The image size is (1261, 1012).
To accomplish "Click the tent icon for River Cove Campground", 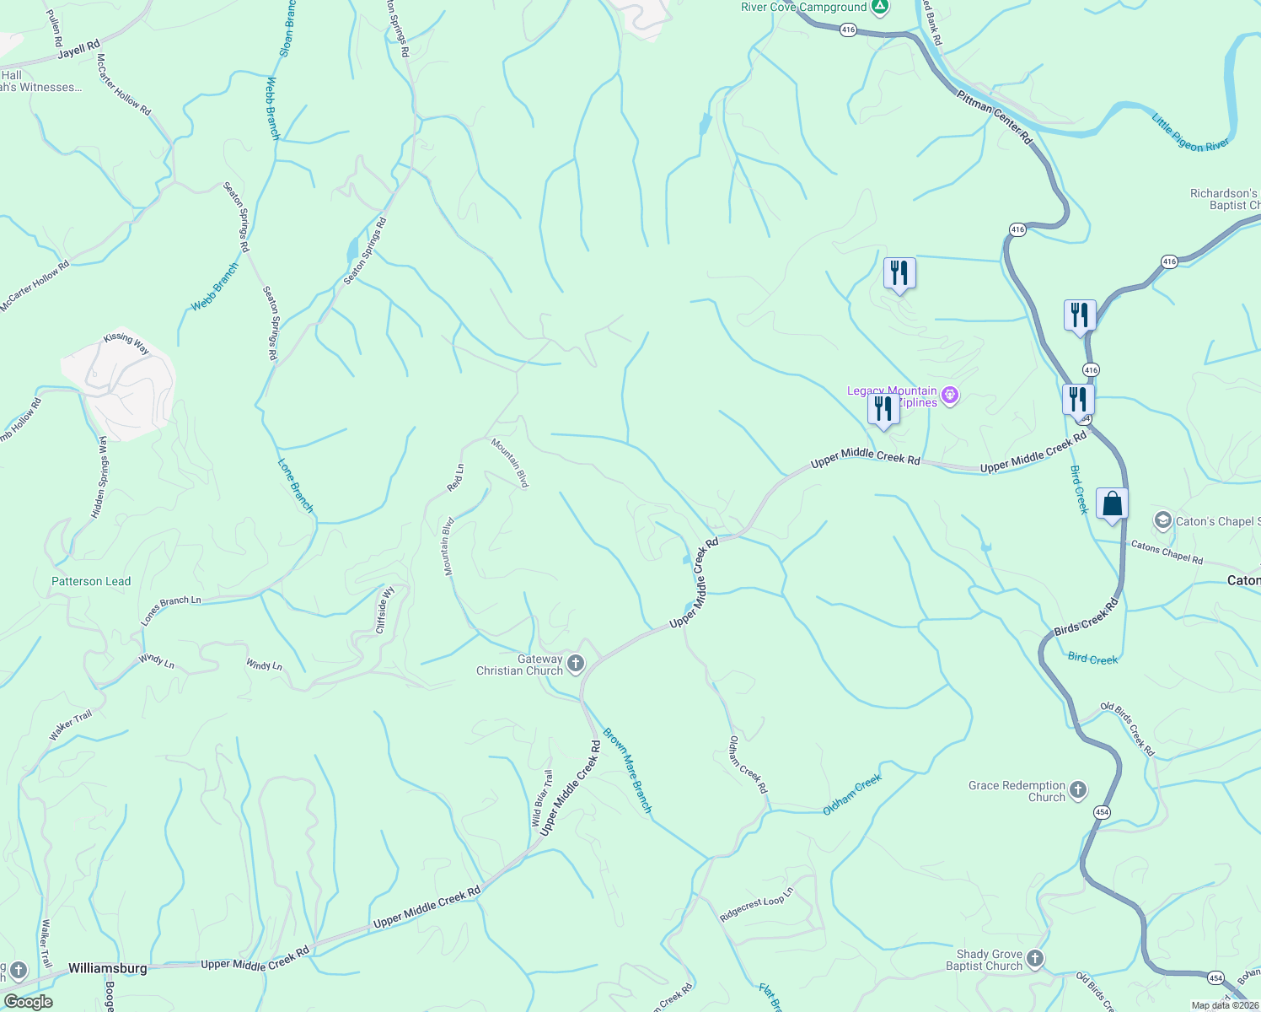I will [x=880, y=8].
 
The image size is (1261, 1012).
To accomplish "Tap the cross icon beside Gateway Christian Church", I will [x=576, y=664].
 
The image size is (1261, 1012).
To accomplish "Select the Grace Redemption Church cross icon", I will [x=1077, y=790].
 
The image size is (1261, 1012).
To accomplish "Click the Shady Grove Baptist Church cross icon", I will [x=1035, y=959].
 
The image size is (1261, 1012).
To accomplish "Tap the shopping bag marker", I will [x=1112, y=504].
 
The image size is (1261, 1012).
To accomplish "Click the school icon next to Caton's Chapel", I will [x=1163, y=520].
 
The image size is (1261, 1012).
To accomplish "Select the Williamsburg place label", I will [x=107, y=968].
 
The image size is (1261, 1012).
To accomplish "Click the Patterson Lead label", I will [x=91, y=581].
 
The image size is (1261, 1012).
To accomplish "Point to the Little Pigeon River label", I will [x=1190, y=133].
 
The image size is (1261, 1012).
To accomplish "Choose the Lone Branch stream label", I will [x=296, y=486].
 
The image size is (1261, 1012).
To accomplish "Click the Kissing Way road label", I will [x=126, y=342].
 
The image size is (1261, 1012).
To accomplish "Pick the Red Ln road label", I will [x=455, y=478].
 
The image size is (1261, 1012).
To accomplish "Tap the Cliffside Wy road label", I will [x=385, y=611].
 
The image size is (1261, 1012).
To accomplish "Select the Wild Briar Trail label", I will [x=541, y=799].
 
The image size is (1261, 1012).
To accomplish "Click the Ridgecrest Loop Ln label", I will [x=757, y=904].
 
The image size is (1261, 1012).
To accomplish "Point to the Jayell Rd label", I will [x=79, y=50].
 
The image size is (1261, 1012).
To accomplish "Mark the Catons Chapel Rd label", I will [x=1167, y=552].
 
